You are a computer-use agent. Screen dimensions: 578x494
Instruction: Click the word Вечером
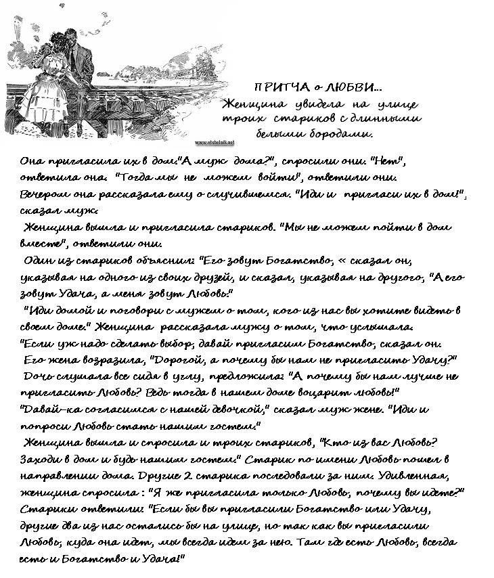click(x=41, y=195)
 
